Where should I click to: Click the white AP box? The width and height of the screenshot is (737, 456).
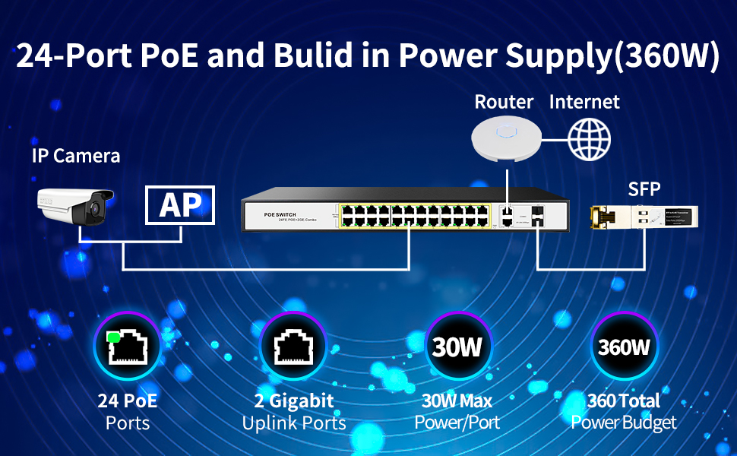click(180, 205)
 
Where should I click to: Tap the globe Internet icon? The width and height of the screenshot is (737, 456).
click(590, 138)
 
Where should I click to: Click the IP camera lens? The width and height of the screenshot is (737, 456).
click(96, 207)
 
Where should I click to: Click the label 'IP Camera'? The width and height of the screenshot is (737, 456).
click(76, 157)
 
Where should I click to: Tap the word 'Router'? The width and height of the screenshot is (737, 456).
click(504, 101)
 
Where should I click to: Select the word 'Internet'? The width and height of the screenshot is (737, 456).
click(584, 101)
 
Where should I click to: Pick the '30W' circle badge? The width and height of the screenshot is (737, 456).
click(457, 347)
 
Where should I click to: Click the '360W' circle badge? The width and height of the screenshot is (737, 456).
click(624, 347)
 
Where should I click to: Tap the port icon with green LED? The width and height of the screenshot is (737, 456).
click(128, 347)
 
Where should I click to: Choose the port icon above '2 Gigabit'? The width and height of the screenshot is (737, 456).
click(293, 347)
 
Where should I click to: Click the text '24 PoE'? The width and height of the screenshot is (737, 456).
click(128, 401)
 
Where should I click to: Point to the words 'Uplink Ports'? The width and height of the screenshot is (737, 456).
click(294, 423)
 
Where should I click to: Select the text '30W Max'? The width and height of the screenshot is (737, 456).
click(457, 401)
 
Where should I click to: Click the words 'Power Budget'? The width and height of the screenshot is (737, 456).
click(624, 423)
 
